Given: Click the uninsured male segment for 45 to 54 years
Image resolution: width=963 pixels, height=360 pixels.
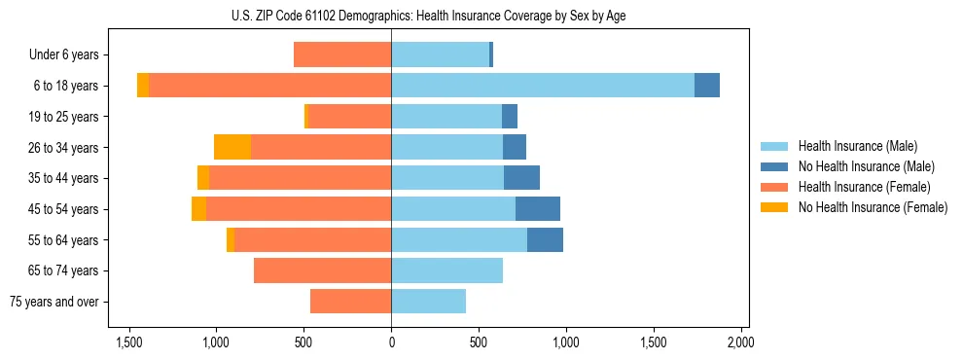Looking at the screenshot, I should pos(537,209).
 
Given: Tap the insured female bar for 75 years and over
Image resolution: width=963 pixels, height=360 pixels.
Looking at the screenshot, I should pos(350,302).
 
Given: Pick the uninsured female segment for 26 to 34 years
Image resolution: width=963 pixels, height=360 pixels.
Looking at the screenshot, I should pos(232,147).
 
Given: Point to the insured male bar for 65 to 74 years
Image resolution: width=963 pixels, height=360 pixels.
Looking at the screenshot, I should pos(446,270).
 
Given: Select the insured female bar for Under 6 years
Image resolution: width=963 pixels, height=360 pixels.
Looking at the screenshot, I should pos(342,54).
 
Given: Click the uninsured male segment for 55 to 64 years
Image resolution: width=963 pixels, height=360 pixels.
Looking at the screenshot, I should pos(545,239).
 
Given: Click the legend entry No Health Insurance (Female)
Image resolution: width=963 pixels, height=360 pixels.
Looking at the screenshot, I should pos(873,207).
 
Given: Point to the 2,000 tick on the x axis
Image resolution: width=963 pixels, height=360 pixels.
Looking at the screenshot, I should pos(740,342).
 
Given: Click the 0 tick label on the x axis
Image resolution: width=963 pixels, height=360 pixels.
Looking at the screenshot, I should pos(391,342).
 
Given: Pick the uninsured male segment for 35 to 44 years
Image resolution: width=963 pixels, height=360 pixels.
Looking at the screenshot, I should pos(521,178).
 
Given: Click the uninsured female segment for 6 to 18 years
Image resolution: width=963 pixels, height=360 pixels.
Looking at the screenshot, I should pos(143,86).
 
